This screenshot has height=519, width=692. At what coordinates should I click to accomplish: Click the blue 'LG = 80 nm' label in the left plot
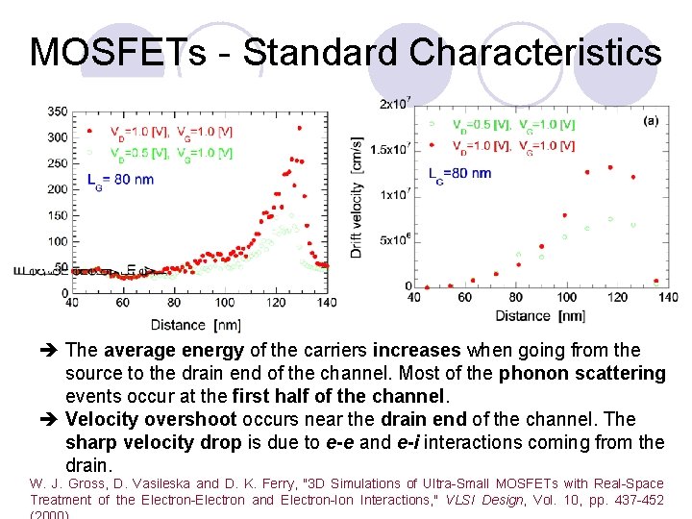(x=119, y=179)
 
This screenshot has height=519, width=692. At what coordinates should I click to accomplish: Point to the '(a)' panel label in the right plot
(x=651, y=121)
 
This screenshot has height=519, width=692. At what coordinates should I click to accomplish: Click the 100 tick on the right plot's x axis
(x=567, y=297)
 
